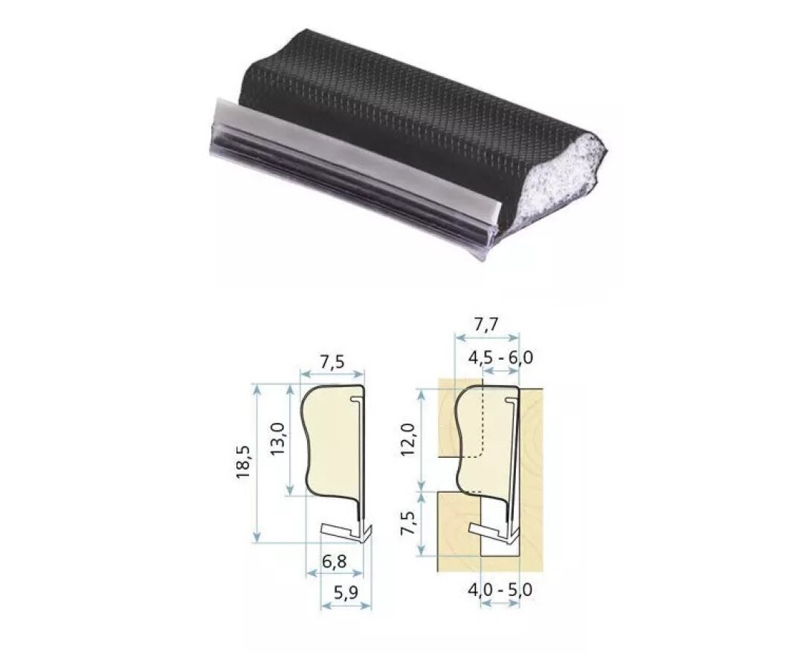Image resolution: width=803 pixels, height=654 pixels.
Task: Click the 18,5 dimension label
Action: (243, 462)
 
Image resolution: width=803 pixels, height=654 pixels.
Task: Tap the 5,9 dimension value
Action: (345, 594)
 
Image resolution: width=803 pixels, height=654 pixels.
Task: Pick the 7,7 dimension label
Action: (486, 324)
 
